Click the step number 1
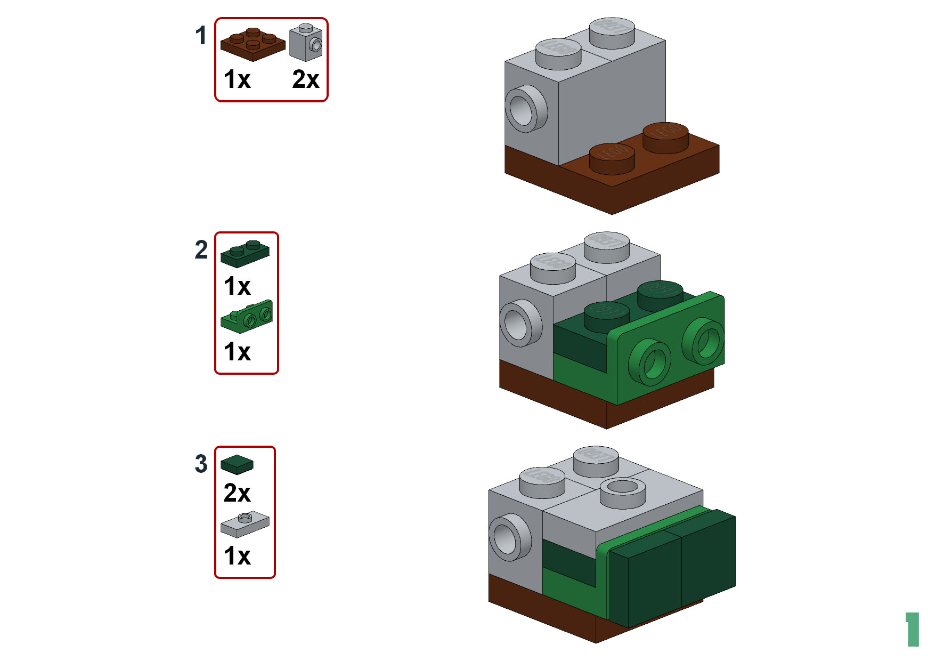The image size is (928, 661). (200, 36)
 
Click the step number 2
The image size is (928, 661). (201, 249)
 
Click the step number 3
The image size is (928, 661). (201, 464)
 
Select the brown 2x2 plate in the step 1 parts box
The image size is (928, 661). (253, 44)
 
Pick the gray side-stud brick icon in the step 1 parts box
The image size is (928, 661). (306, 42)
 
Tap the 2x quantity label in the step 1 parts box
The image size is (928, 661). (305, 79)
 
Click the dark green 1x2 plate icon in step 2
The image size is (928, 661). (245, 254)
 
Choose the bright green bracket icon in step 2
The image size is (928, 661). (247, 316)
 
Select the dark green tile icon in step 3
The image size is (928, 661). (237, 464)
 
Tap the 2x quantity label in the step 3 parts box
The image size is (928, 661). (237, 493)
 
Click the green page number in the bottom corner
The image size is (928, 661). (912, 630)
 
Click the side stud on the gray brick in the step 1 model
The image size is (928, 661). (525, 109)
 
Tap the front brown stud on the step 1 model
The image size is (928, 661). (612, 158)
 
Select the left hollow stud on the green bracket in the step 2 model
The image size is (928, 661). (650, 362)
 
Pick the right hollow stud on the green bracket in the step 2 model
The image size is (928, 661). (704, 342)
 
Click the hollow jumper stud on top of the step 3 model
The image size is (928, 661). (623, 493)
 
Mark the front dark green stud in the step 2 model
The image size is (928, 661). (607, 317)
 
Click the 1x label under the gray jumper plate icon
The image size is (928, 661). (237, 556)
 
